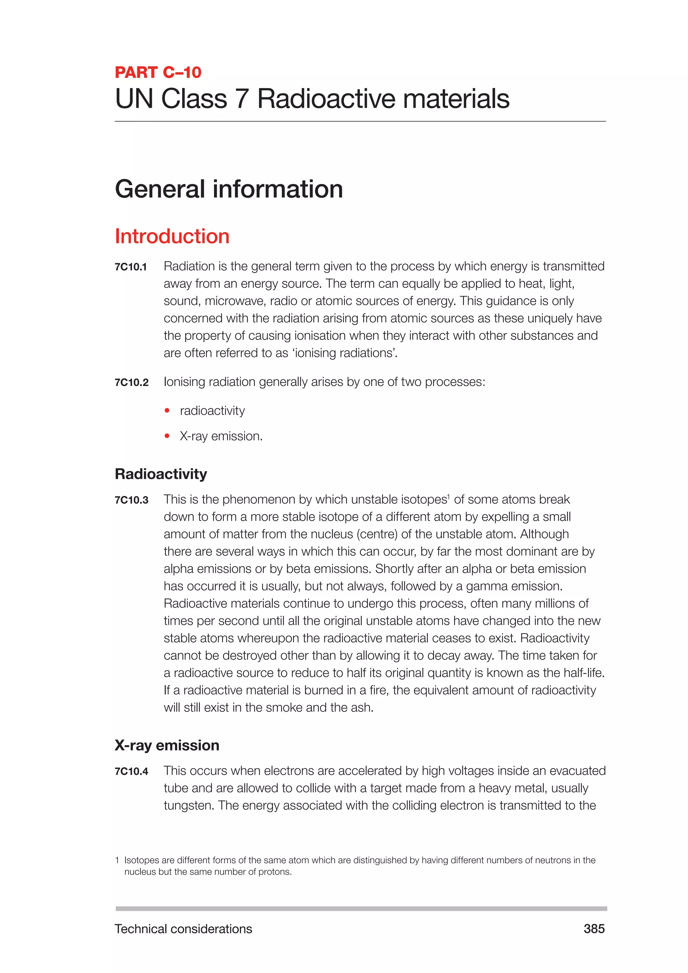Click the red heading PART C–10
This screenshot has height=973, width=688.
[158, 73]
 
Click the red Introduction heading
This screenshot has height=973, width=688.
[172, 236]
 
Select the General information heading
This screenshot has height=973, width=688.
[229, 189]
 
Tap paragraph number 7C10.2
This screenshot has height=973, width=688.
[131, 383]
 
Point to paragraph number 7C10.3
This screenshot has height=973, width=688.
[131, 500]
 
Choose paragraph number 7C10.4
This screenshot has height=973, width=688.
[131, 771]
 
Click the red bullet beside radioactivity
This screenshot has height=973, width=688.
[167, 410]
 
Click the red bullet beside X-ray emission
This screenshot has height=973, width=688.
[167, 436]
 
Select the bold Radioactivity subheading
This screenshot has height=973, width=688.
[161, 474]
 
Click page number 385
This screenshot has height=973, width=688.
[594, 929]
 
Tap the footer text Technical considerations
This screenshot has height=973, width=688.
[183, 929]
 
